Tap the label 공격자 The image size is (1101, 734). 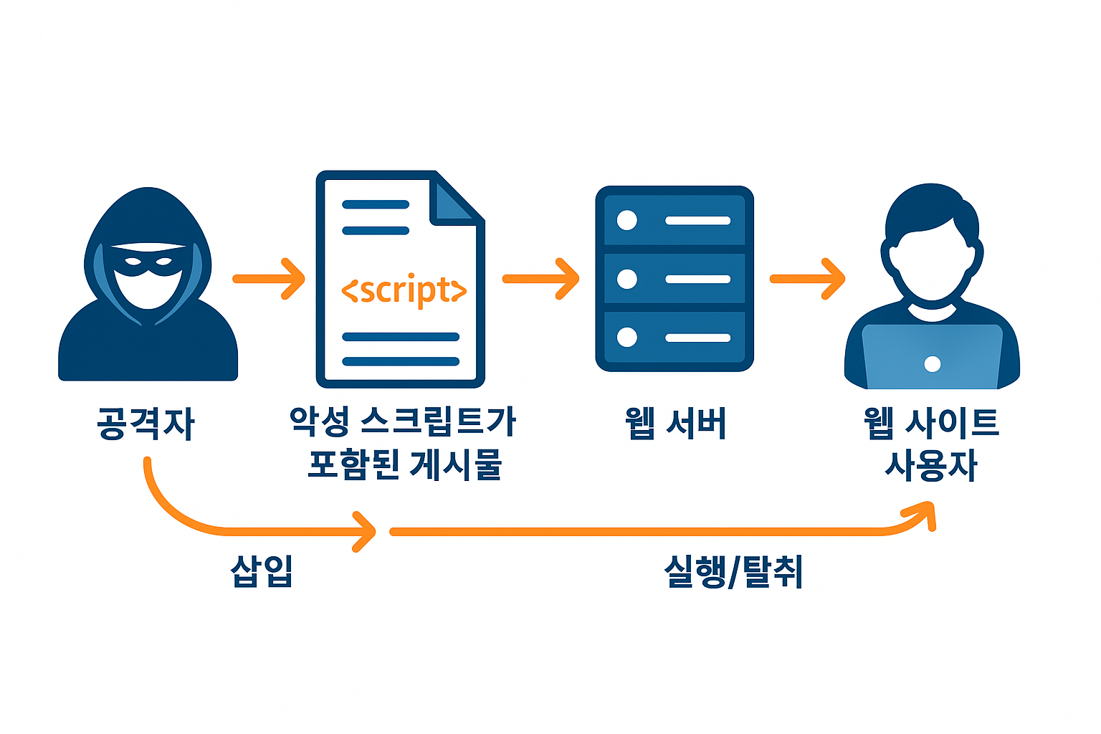point(146,424)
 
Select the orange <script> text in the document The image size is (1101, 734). point(404,290)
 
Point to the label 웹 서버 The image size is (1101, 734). point(675,424)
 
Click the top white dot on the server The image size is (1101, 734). point(627,220)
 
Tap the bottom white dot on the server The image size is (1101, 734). point(627,337)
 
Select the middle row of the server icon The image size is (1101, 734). point(675,279)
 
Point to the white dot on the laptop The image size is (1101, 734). point(933,364)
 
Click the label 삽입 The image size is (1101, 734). point(262,571)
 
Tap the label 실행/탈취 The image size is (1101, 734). point(733,571)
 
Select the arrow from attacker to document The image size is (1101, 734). point(270,279)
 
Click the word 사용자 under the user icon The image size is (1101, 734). point(931,466)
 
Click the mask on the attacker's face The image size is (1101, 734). point(148,262)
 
